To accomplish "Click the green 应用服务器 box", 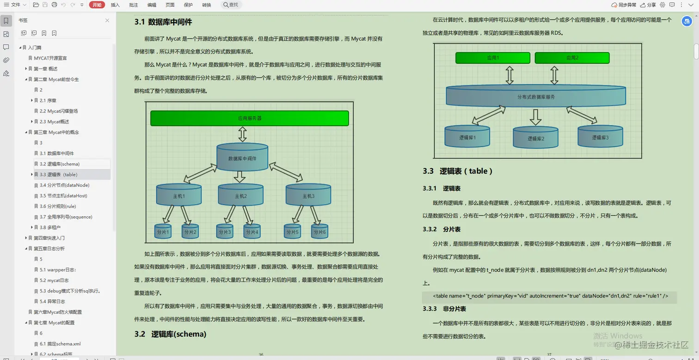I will click(x=249, y=118).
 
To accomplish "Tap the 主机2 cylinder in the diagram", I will click(x=240, y=195).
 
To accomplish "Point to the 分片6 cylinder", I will click(x=319, y=232).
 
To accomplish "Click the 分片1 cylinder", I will click(x=163, y=232).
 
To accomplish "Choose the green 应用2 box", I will click(x=572, y=58).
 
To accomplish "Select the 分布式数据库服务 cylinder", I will click(x=535, y=97).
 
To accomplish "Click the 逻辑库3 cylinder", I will click(x=600, y=137).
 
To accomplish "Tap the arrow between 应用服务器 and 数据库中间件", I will click(x=242, y=134).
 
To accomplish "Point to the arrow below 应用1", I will click(x=509, y=75).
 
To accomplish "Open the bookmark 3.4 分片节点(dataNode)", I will click(x=64, y=185).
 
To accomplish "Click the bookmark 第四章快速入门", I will click(x=49, y=238).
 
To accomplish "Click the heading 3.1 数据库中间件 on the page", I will click(x=163, y=22).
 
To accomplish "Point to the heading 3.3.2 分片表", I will click(x=441, y=229).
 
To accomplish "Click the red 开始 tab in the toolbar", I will click(x=97, y=5).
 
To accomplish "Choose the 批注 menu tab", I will click(x=134, y=5).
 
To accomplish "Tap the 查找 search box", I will click(x=231, y=5).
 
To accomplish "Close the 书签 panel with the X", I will click(x=107, y=20).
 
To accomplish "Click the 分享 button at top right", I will click(x=648, y=5).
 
